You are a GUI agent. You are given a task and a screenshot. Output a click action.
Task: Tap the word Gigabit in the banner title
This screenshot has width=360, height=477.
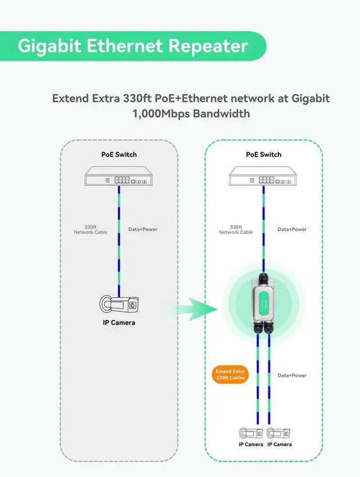tap(49, 46)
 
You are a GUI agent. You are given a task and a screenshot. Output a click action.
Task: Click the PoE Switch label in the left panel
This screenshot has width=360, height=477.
tap(119, 154)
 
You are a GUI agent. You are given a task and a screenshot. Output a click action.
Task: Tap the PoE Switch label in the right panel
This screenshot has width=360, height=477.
tap(263, 154)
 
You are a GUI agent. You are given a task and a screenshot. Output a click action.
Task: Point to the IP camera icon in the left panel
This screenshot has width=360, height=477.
tap(119, 305)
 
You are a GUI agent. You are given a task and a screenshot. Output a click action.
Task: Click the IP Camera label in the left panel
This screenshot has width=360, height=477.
tap(119, 323)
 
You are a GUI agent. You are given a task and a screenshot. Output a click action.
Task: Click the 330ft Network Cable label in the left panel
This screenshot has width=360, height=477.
tap(91, 229)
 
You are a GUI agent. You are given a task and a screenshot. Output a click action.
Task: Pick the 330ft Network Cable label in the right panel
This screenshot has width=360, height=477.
tap(236, 229)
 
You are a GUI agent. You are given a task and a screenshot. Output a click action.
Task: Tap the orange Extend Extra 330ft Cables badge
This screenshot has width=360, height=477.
tap(229, 374)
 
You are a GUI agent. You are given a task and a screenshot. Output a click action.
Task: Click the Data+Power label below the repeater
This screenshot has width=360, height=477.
tap(292, 375)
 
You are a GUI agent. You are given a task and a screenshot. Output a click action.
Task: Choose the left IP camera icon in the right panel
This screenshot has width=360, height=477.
tap(250, 434)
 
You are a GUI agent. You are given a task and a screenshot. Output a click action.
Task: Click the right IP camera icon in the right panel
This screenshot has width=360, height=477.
tap(279, 434)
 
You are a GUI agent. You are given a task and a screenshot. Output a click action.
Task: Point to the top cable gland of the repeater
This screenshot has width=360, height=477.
tap(263, 277)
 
